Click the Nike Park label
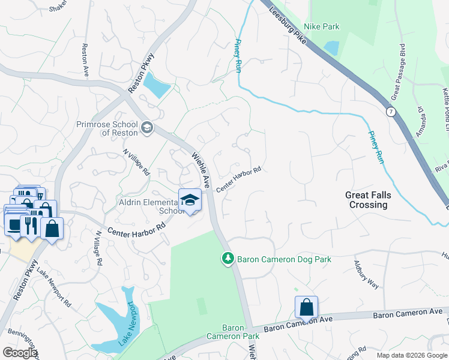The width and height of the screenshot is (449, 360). click(x=322, y=26)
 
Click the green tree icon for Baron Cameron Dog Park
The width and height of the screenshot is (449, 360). click(x=228, y=259)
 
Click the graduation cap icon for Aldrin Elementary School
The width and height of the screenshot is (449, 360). click(x=190, y=200)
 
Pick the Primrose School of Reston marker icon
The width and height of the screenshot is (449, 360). click(x=146, y=127)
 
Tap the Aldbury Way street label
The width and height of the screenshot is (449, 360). click(x=366, y=275)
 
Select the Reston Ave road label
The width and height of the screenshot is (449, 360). click(x=85, y=60)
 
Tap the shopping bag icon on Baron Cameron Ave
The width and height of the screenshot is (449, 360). click(x=306, y=308)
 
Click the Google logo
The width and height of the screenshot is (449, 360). click(x=20, y=353)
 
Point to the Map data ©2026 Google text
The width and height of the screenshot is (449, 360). click(x=411, y=355)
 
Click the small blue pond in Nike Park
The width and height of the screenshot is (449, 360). click(x=331, y=48)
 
